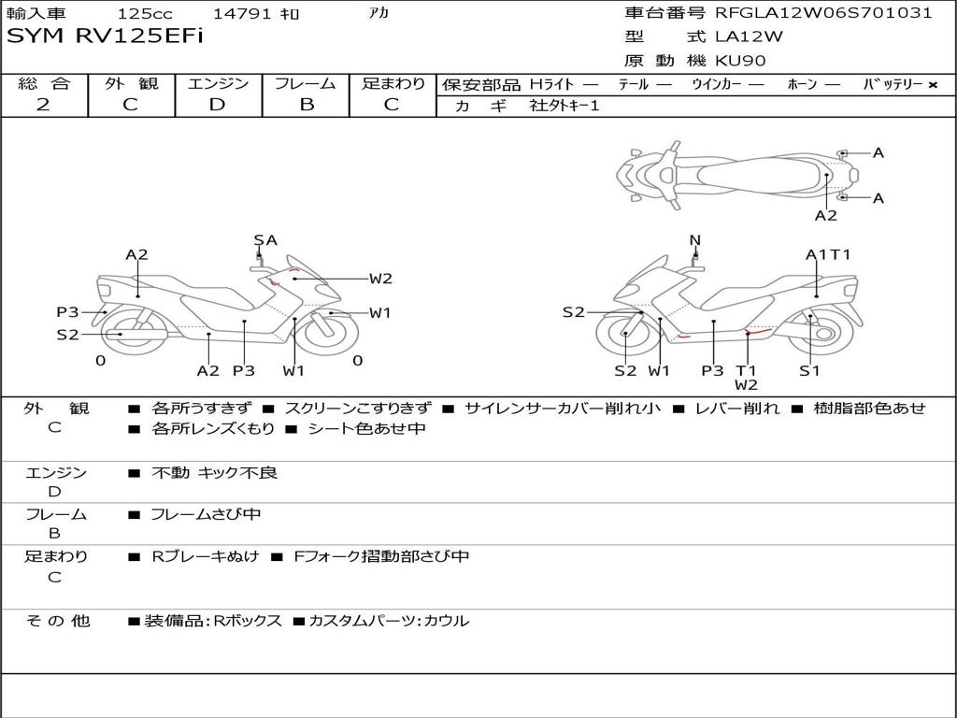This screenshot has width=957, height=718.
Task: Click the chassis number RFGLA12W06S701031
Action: pyautogui.click(x=823, y=13)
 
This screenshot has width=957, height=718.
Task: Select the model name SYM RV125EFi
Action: pyautogui.click(x=105, y=37)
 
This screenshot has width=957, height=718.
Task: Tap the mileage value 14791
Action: pyautogui.click(x=240, y=14)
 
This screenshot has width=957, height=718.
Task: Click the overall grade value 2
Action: pyautogui.click(x=43, y=105)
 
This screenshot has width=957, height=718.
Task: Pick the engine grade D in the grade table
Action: pyautogui.click(x=217, y=105)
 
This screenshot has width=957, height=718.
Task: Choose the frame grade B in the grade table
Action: pyautogui.click(x=306, y=105)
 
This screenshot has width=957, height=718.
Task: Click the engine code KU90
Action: pyautogui.click(x=741, y=61)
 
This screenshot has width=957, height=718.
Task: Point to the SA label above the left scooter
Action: pyautogui.click(x=265, y=240)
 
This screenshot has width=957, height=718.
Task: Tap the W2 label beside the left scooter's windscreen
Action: pyautogui.click(x=379, y=278)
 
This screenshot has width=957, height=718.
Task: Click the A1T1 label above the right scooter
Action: pyautogui.click(x=828, y=254)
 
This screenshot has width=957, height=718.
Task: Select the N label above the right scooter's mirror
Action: pyautogui.click(x=694, y=240)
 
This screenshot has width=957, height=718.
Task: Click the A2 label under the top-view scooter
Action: pyautogui.click(x=826, y=215)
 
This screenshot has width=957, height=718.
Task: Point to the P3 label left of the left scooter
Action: pyautogui.click(x=67, y=312)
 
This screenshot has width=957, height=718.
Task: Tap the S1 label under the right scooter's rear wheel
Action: pyautogui.click(x=809, y=370)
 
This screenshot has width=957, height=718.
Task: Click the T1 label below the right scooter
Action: pyautogui.click(x=745, y=370)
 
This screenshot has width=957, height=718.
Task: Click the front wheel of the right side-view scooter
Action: pyautogui.click(x=627, y=336)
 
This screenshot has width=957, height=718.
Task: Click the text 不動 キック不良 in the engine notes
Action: pyautogui.click(x=214, y=473)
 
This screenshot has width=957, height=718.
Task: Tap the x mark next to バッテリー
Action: pyautogui.click(x=932, y=84)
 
